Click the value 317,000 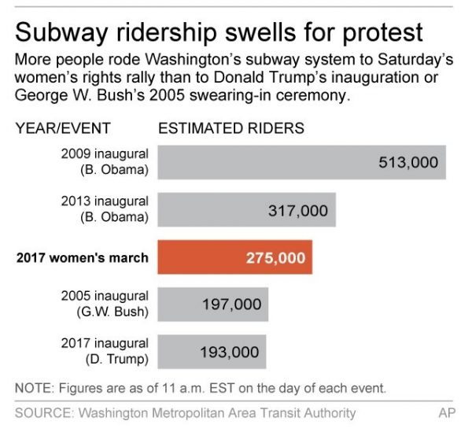298,210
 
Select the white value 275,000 275,257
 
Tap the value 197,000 231,305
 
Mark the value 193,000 230,352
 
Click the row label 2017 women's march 83,257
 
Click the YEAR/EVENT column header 63,128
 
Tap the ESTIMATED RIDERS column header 231,128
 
